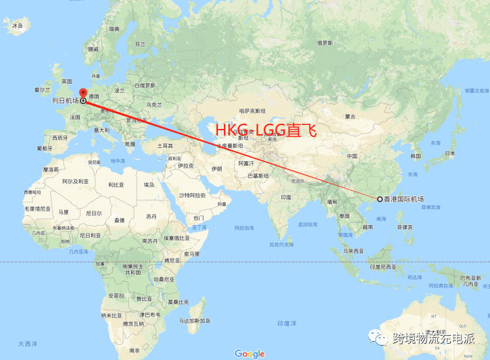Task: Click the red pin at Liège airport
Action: (x=82, y=94)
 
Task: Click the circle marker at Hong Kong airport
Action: (x=379, y=199)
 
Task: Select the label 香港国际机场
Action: (x=404, y=199)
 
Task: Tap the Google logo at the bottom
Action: (x=250, y=353)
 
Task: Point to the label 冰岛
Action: (x=18, y=26)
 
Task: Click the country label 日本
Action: (x=450, y=153)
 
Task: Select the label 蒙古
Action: (x=351, y=117)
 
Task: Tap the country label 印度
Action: (x=286, y=197)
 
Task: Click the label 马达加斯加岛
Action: (x=196, y=321)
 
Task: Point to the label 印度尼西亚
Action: (x=381, y=266)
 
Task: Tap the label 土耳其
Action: (x=165, y=145)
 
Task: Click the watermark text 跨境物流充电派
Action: (x=432, y=338)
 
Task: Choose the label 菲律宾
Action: (x=406, y=227)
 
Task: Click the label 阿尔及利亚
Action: (x=75, y=181)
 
